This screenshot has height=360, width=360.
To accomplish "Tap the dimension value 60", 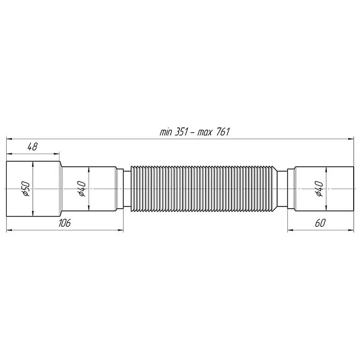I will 320,224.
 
